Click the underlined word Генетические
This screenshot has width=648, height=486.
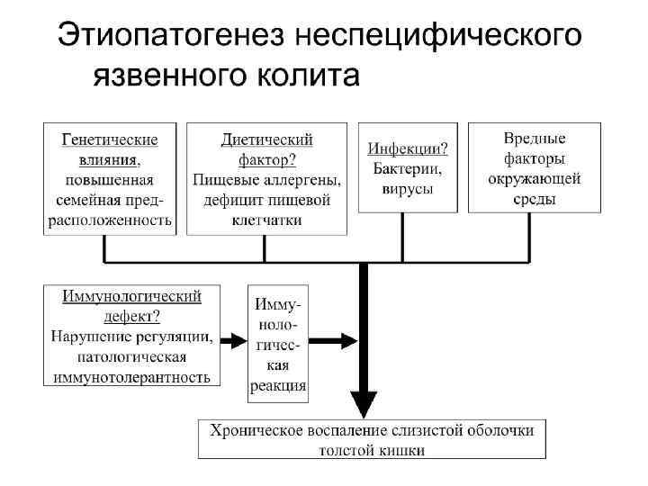pos(109,139)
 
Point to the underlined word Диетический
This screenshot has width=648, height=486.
pos(266,139)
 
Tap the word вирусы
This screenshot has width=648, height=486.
pos(402,188)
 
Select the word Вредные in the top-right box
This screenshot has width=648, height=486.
pos(535,139)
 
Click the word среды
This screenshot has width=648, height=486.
pos(535,198)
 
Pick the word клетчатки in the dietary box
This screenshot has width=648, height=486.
pos(266,219)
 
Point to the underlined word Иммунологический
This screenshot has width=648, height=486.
pos(131,295)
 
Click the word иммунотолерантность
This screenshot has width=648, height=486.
pos(131,376)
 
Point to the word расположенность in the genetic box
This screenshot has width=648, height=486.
pos(109,219)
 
